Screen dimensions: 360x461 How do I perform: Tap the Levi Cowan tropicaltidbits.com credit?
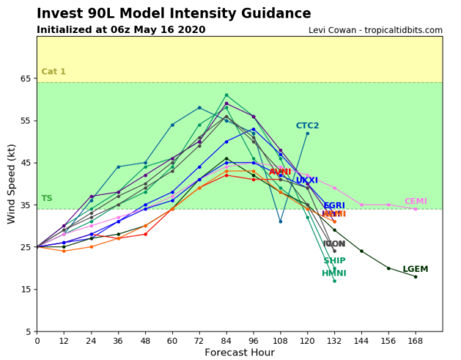376,30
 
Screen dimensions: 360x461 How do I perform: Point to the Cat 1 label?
53,71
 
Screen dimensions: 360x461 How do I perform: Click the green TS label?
46,198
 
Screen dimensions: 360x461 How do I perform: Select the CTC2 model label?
307,125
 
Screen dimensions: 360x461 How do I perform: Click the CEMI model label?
416,201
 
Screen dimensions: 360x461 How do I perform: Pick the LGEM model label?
416,269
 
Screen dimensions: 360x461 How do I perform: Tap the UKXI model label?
307,180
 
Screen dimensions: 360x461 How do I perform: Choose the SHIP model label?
334,260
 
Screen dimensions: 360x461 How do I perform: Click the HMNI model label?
333,273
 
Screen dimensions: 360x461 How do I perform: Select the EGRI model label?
334,206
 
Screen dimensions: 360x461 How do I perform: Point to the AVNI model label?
280,171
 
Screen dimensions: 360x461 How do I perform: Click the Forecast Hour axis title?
239,352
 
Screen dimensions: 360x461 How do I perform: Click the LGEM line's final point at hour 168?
416,276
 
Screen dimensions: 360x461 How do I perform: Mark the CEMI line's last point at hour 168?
416,209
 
